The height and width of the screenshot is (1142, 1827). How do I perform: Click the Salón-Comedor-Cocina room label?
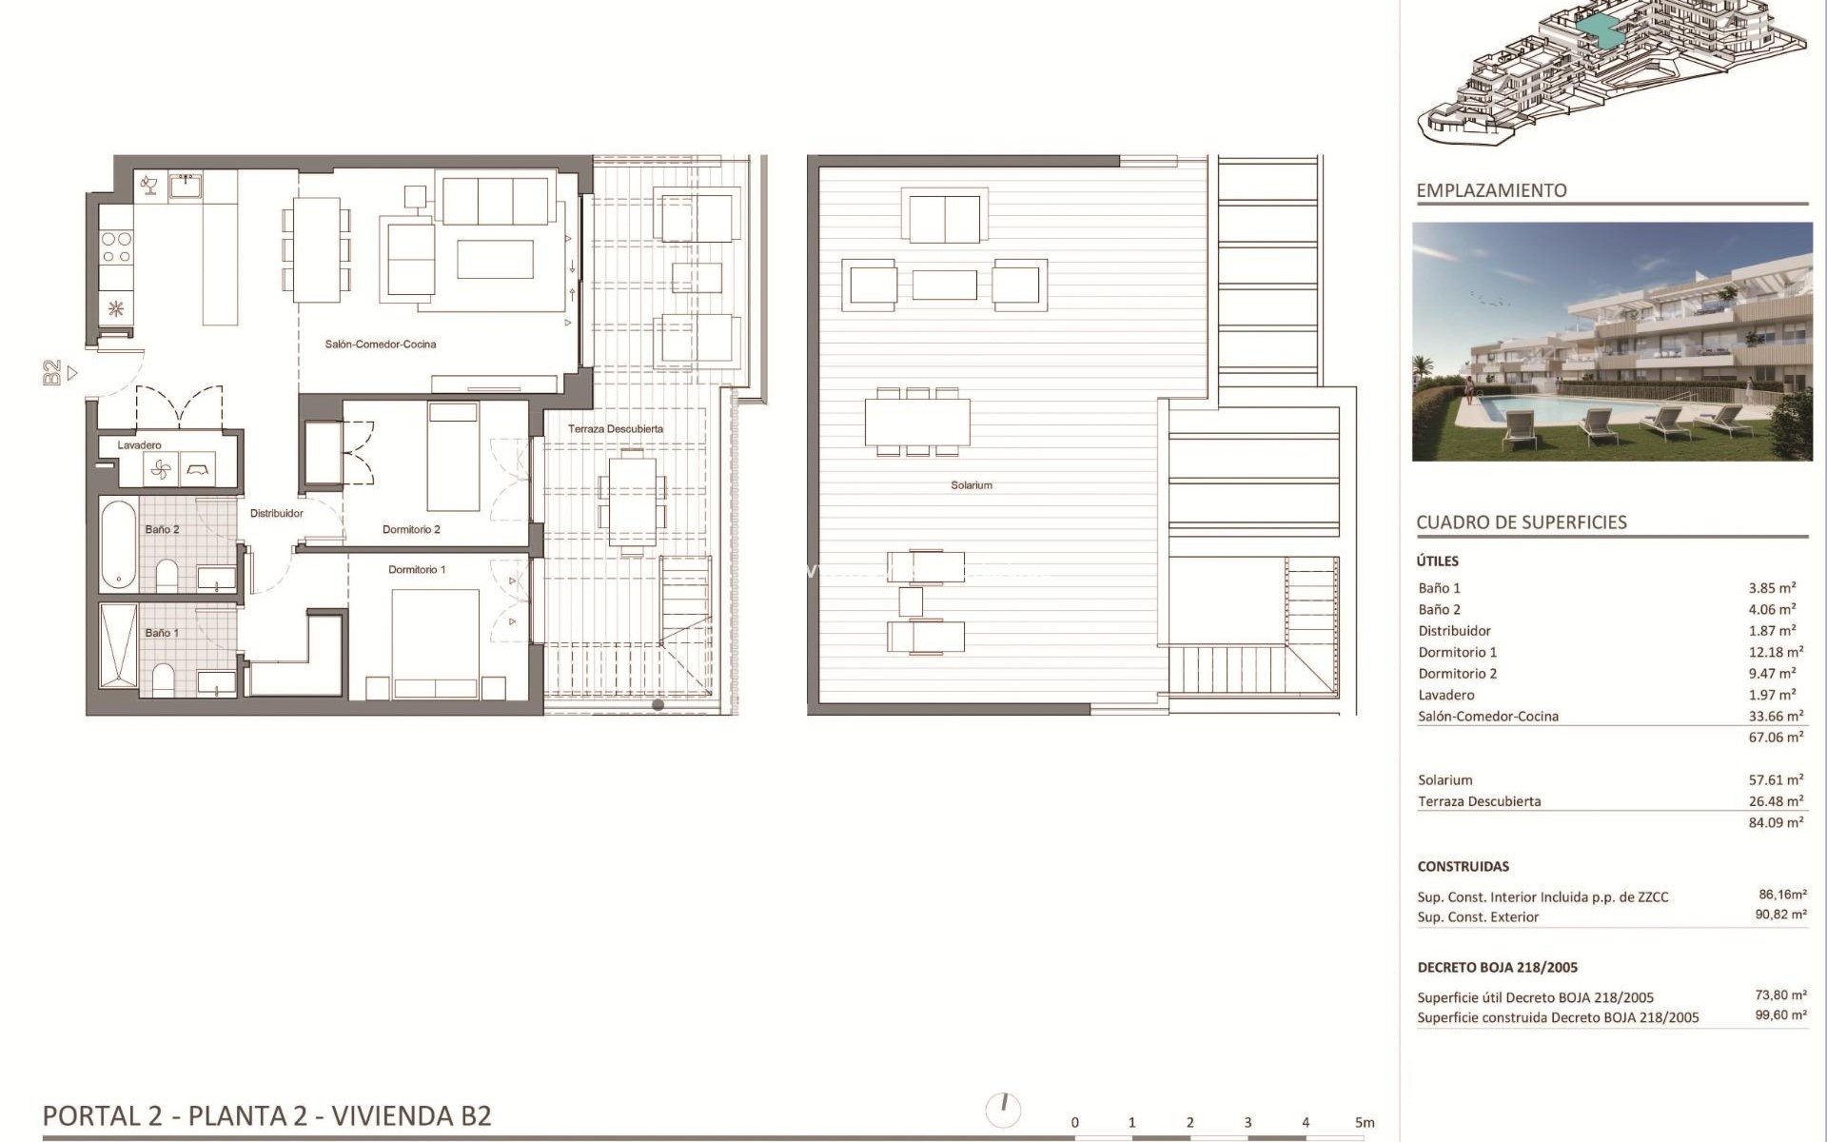(380, 345)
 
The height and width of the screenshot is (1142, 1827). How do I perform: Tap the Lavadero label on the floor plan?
(139, 445)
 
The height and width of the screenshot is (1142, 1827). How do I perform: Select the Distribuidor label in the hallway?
(276, 514)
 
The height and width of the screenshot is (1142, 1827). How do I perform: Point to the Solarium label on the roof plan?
(971, 485)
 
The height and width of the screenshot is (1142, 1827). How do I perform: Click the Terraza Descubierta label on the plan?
(616, 429)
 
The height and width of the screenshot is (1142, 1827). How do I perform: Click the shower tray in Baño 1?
(119, 644)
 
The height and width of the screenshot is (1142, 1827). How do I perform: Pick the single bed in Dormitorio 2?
(453, 457)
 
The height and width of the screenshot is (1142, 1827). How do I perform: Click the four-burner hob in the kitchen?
(116, 247)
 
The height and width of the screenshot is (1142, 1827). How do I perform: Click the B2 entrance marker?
(52, 373)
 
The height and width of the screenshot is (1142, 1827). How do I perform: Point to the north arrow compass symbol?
(1003, 1109)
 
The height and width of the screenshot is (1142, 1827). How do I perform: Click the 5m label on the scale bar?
(1365, 1123)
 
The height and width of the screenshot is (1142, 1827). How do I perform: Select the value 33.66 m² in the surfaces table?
(1776, 717)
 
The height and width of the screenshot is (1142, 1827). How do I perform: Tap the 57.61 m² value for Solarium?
(1776, 780)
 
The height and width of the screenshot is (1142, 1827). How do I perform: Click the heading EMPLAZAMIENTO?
(1491, 190)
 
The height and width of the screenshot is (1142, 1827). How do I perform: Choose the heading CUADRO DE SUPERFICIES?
(1522, 522)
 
